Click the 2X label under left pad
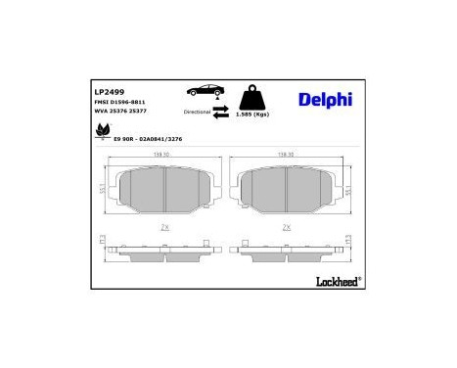[164, 225]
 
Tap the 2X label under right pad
[287, 225]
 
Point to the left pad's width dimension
[164, 155]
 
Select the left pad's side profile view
[164, 247]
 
